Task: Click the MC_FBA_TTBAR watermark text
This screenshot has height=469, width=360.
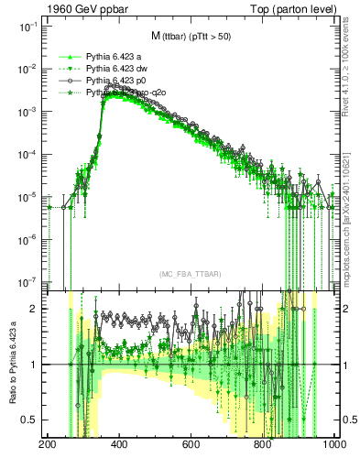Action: (x=190, y=274)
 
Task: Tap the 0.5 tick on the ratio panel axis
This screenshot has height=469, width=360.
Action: (x=32, y=420)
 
